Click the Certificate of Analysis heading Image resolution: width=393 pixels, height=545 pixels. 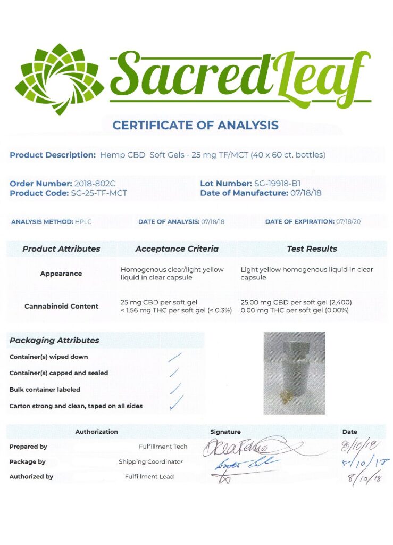[x=196, y=126]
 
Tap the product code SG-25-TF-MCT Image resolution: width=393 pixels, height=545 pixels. [x=99, y=193]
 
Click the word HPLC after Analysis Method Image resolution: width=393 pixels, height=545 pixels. [x=82, y=221]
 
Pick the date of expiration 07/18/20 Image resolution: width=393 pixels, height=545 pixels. [x=348, y=221]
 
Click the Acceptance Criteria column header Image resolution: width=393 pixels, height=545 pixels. [x=177, y=249]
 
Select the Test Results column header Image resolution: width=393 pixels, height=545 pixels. [x=312, y=249]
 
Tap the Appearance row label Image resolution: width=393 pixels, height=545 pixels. [x=61, y=274]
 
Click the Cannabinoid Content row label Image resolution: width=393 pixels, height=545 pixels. [x=61, y=306]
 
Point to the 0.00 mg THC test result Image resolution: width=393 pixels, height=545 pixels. [x=294, y=310]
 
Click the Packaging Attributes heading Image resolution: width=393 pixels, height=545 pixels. [x=54, y=340]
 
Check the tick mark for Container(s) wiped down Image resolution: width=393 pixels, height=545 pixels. [x=175, y=357]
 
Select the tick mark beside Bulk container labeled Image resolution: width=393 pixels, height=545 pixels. [x=175, y=389]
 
